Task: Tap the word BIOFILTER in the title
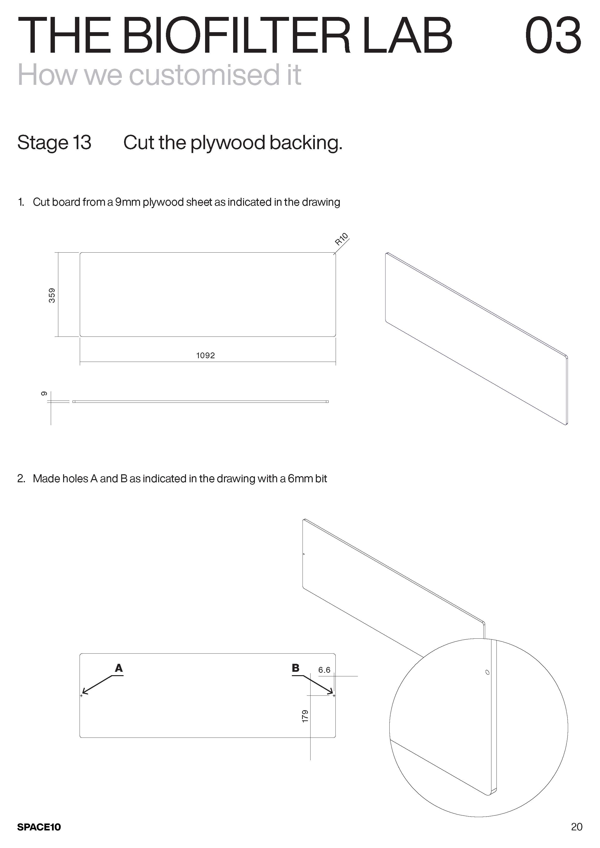(x=235, y=36)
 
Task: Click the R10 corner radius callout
(x=341, y=239)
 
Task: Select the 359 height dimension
(x=52, y=295)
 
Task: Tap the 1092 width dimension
(x=205, y=355)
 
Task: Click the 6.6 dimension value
(x=324, y=670)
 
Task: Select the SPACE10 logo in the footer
(x=39, y=827)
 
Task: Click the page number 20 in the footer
(x=576, y=826)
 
